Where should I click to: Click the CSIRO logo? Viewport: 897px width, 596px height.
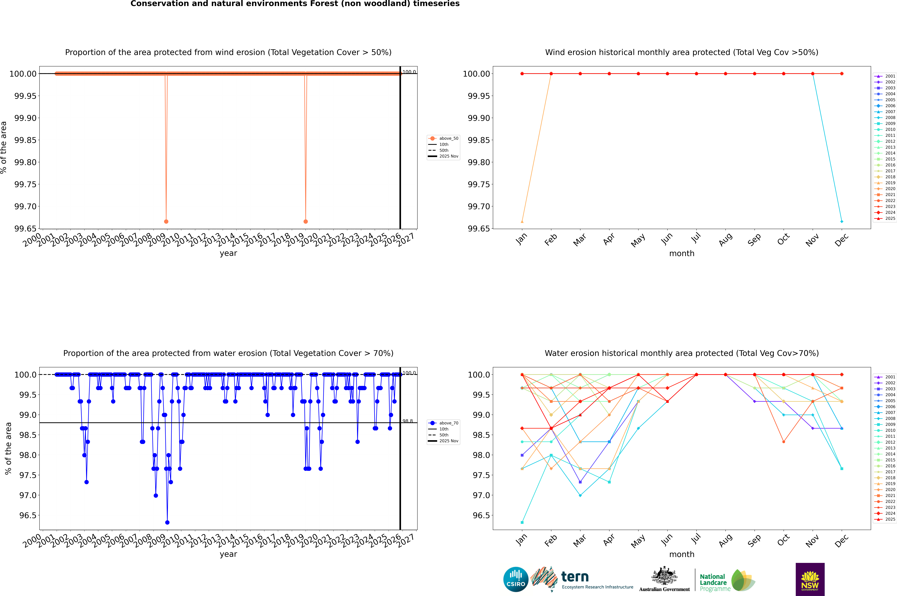(516, 579)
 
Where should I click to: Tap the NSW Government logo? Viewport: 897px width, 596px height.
(810, 579)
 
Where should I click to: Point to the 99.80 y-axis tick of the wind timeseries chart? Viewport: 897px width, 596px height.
(25, 162)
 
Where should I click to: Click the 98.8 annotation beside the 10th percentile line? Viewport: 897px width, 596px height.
(408, 421)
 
